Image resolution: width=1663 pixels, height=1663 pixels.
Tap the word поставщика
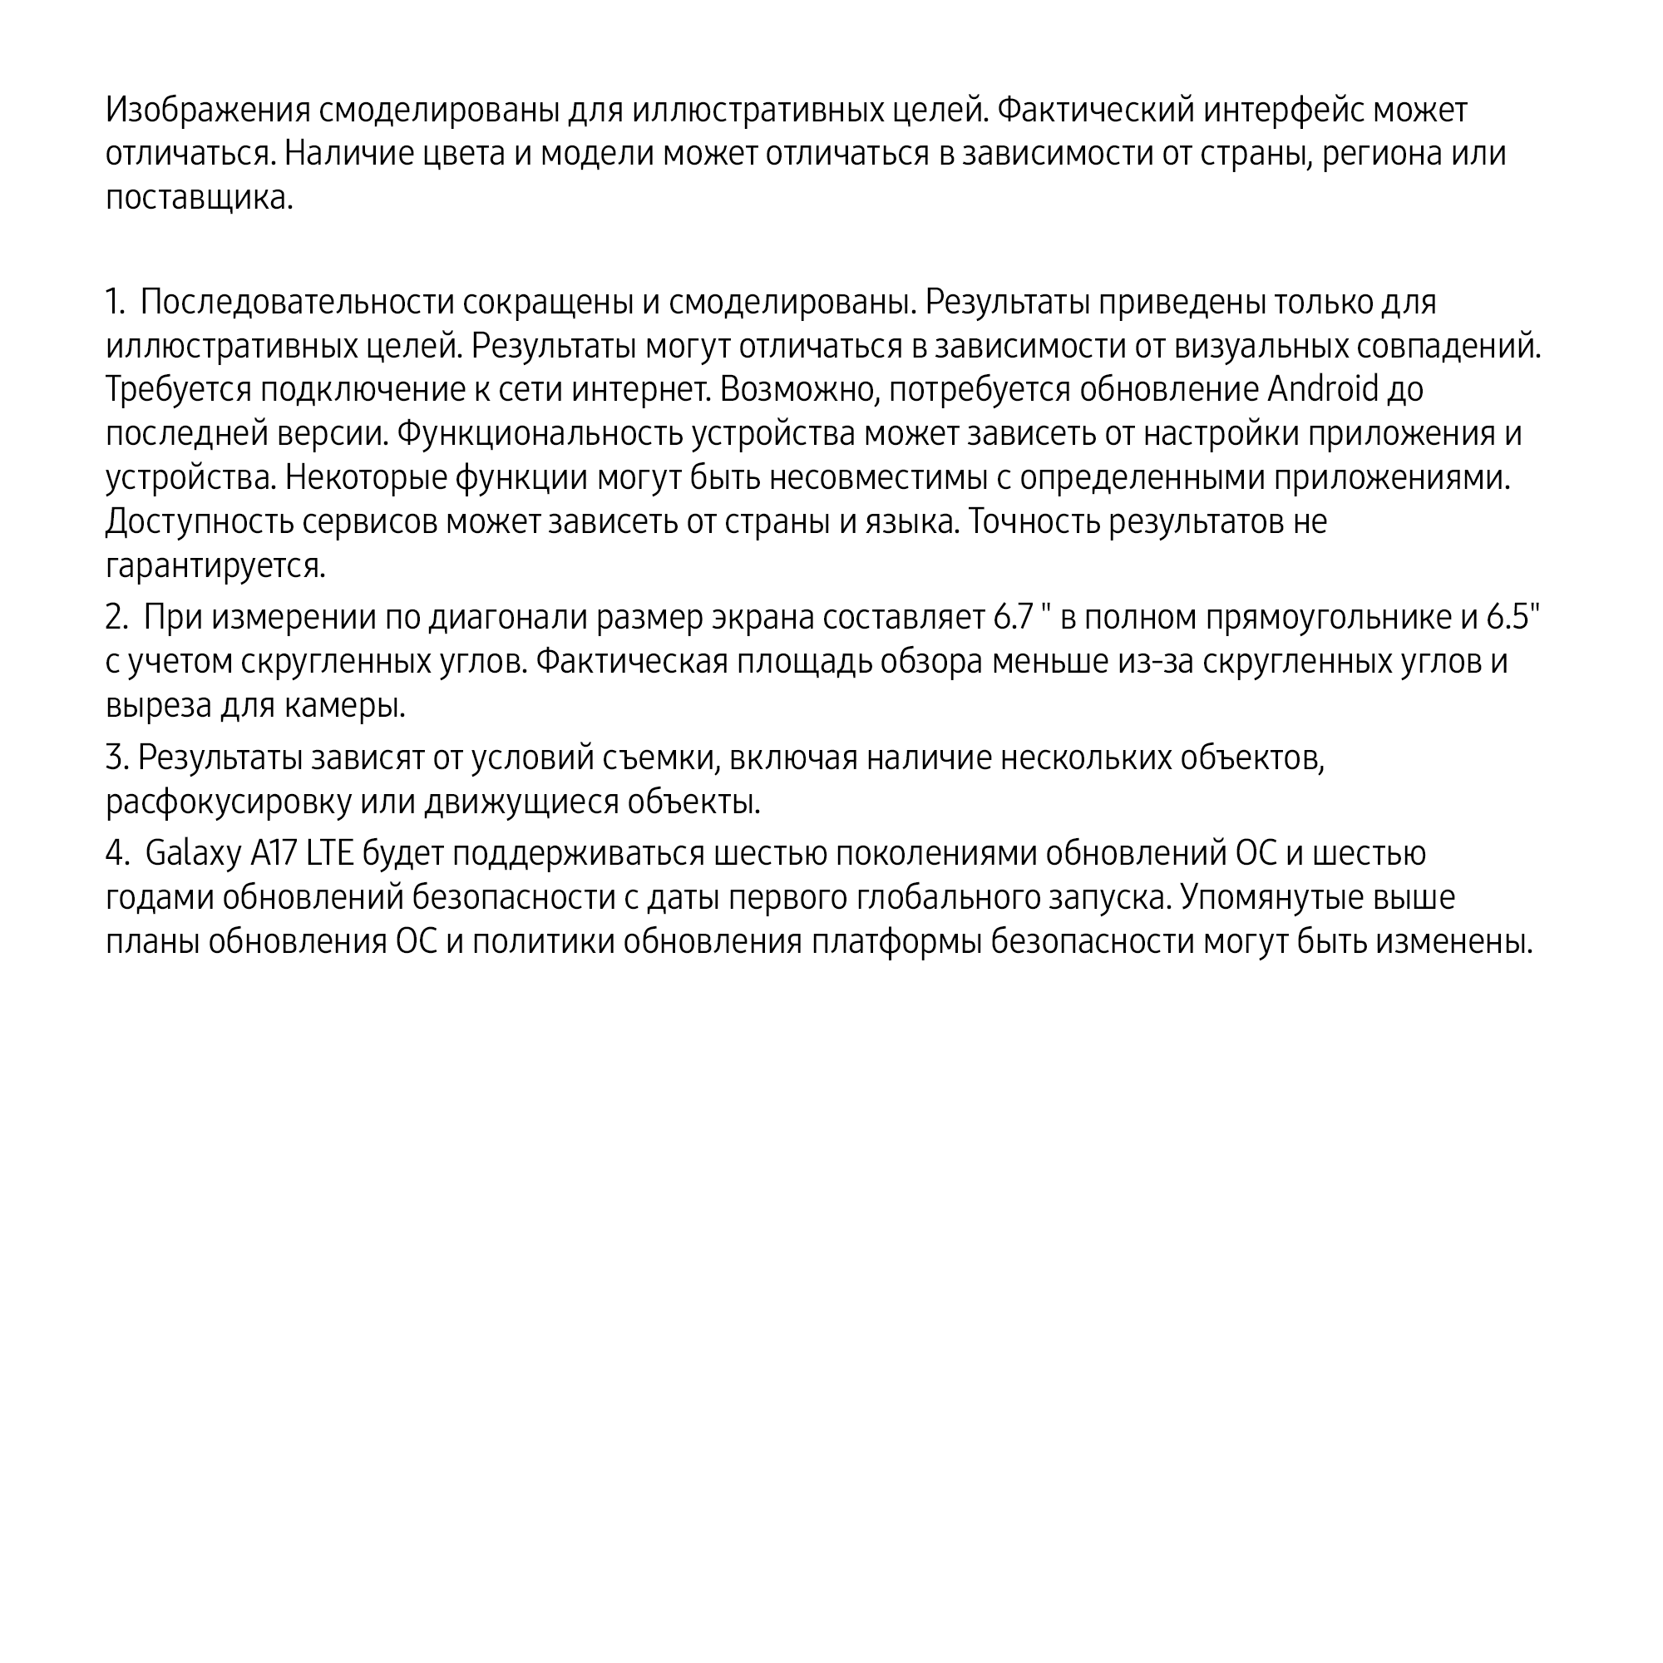[199, 198]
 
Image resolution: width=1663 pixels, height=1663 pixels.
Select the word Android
[1323, 389]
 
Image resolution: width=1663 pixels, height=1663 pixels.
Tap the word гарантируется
[215, 565]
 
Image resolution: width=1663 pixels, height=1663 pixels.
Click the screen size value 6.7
[1012, 617]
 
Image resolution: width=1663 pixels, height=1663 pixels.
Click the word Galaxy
[194, 854]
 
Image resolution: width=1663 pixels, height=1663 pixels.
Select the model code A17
[274, 853]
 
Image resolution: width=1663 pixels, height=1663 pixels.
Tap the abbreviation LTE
[329, 853]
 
